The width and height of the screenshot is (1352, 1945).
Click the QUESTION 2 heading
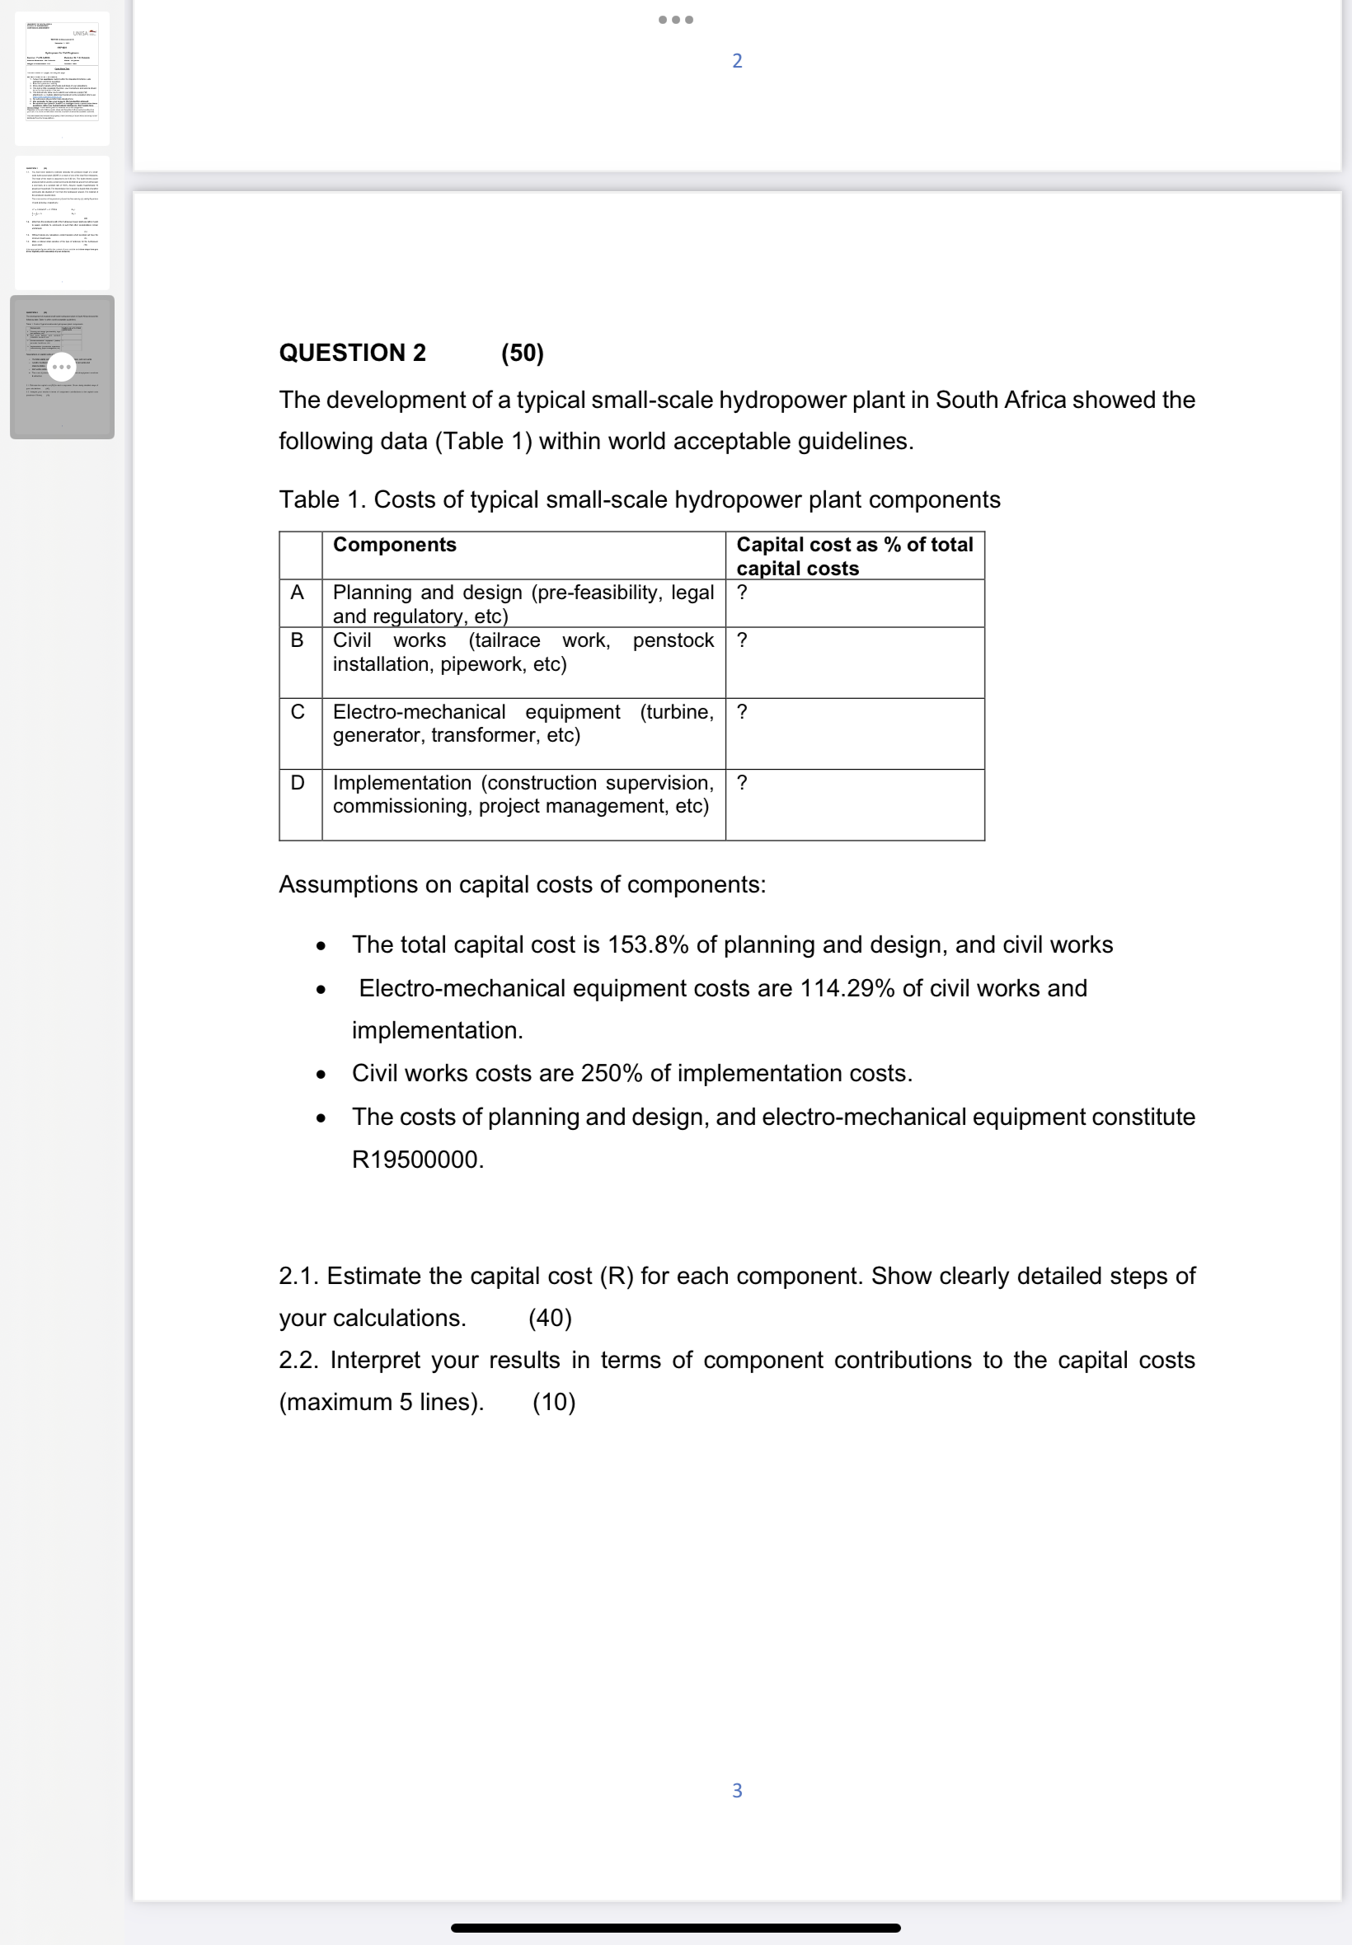tap(352, 353)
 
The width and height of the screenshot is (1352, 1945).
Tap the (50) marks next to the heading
tap(522, 353)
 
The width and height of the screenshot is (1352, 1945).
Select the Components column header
tap(394, 545)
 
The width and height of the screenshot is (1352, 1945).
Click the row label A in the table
tap(298, 593)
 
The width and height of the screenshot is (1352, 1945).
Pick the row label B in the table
tap(298, 640)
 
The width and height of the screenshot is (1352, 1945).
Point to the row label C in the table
tap(298, 712)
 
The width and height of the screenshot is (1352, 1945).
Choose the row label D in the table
tap(298, 782)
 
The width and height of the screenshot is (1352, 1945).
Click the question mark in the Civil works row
tap(742, 640)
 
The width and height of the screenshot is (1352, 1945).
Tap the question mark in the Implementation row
tap(742, 782)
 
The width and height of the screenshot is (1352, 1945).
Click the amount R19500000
tap(418, 1160)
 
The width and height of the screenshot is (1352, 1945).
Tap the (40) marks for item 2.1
tap(550, 1319)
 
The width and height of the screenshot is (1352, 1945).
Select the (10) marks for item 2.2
tap(554, 1402)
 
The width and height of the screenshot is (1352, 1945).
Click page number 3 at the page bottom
tap(737, 1790)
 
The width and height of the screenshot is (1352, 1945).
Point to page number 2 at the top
tap(737, 61)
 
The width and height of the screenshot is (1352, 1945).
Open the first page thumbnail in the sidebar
tap(62, 78)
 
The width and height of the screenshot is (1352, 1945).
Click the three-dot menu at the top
tap(676, 20)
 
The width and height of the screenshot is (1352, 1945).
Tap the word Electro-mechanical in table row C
tap(419, 712)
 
